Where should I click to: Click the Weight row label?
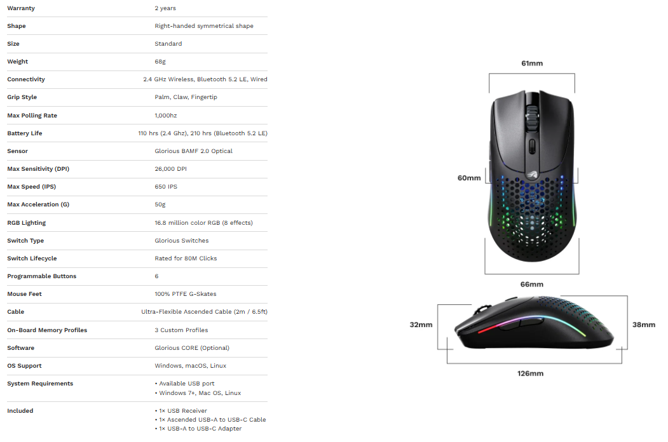pyautogui.click(x=17, y=62)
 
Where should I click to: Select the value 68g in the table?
pyautogui.click(x=160, y=62)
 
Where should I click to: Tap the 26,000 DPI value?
pyautogui.click(x=170, y=169)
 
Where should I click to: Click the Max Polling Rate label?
pyautogui.click(x=32, y=116)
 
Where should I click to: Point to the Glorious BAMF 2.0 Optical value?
pyautogui.click(x=193, y=151)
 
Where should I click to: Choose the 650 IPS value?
pyautogui.click(x=166, y=187)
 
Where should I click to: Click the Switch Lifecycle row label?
pyautogui.click(x=32, y=258)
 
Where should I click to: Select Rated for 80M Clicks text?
pyautogui.click(x=186, y=258)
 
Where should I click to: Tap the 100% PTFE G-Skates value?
pyautogui.click(x=186, y=294)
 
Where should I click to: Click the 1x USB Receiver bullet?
pyautogui.click(x=181, y=411)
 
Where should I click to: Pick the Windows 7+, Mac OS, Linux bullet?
pyautogui.click(x=198, y=393)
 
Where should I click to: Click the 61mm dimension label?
pyautogui.click(x=532, y=64)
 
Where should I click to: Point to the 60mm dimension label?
pyautogui.click(x=469, y=178)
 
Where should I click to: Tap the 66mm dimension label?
pyautogui.click(x=532, y=285)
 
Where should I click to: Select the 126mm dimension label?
pyautogui.click(x=530, y=373)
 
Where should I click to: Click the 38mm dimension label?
pyautogui.click(x=644, y=325)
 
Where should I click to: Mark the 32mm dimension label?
pyautogui.click(x=421, y=325)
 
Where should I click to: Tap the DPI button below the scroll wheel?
pyautogui.click(x=532, y=146)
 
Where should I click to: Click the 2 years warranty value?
pyautogui.click(x=165, y=8)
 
